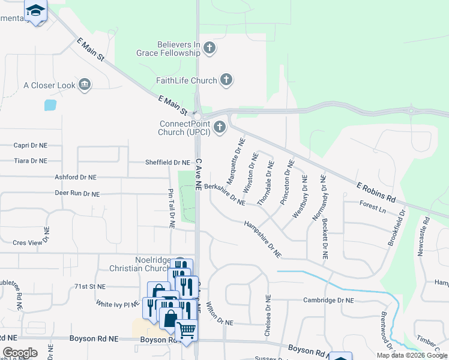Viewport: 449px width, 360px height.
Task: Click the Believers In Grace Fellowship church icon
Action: point(209,48)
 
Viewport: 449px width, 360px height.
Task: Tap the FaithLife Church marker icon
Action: point(226,80)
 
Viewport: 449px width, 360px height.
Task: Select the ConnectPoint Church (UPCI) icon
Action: point(220,127)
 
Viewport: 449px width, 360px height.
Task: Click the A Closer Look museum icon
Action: point(85,85)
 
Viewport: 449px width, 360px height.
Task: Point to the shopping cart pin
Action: point(186,331)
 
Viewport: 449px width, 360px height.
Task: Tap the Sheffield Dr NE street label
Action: point(167,163)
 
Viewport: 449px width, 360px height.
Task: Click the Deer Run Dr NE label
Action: point(77,194)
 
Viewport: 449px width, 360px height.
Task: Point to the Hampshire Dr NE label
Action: point(262,239)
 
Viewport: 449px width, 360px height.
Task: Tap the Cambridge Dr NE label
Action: point(328,300)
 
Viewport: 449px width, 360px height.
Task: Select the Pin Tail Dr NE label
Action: point(170,208)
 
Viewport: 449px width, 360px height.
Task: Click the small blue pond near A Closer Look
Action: point(50,105)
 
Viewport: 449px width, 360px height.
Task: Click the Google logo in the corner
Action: point(20,353)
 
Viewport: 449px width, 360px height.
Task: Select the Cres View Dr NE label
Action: point(36,243)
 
